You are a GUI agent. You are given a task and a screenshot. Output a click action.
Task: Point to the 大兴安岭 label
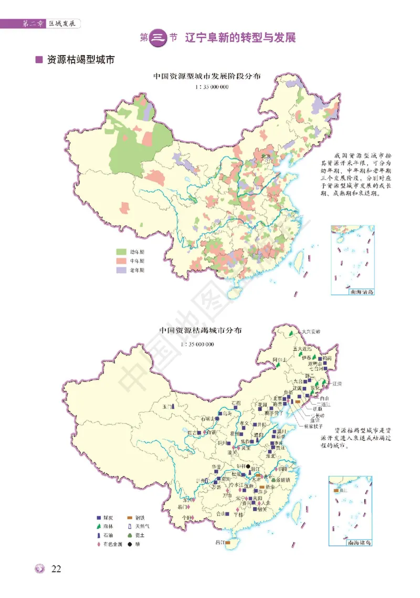(x=310, y=332)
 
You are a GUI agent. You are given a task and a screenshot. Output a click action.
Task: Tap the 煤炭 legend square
(x=98, y=517)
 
